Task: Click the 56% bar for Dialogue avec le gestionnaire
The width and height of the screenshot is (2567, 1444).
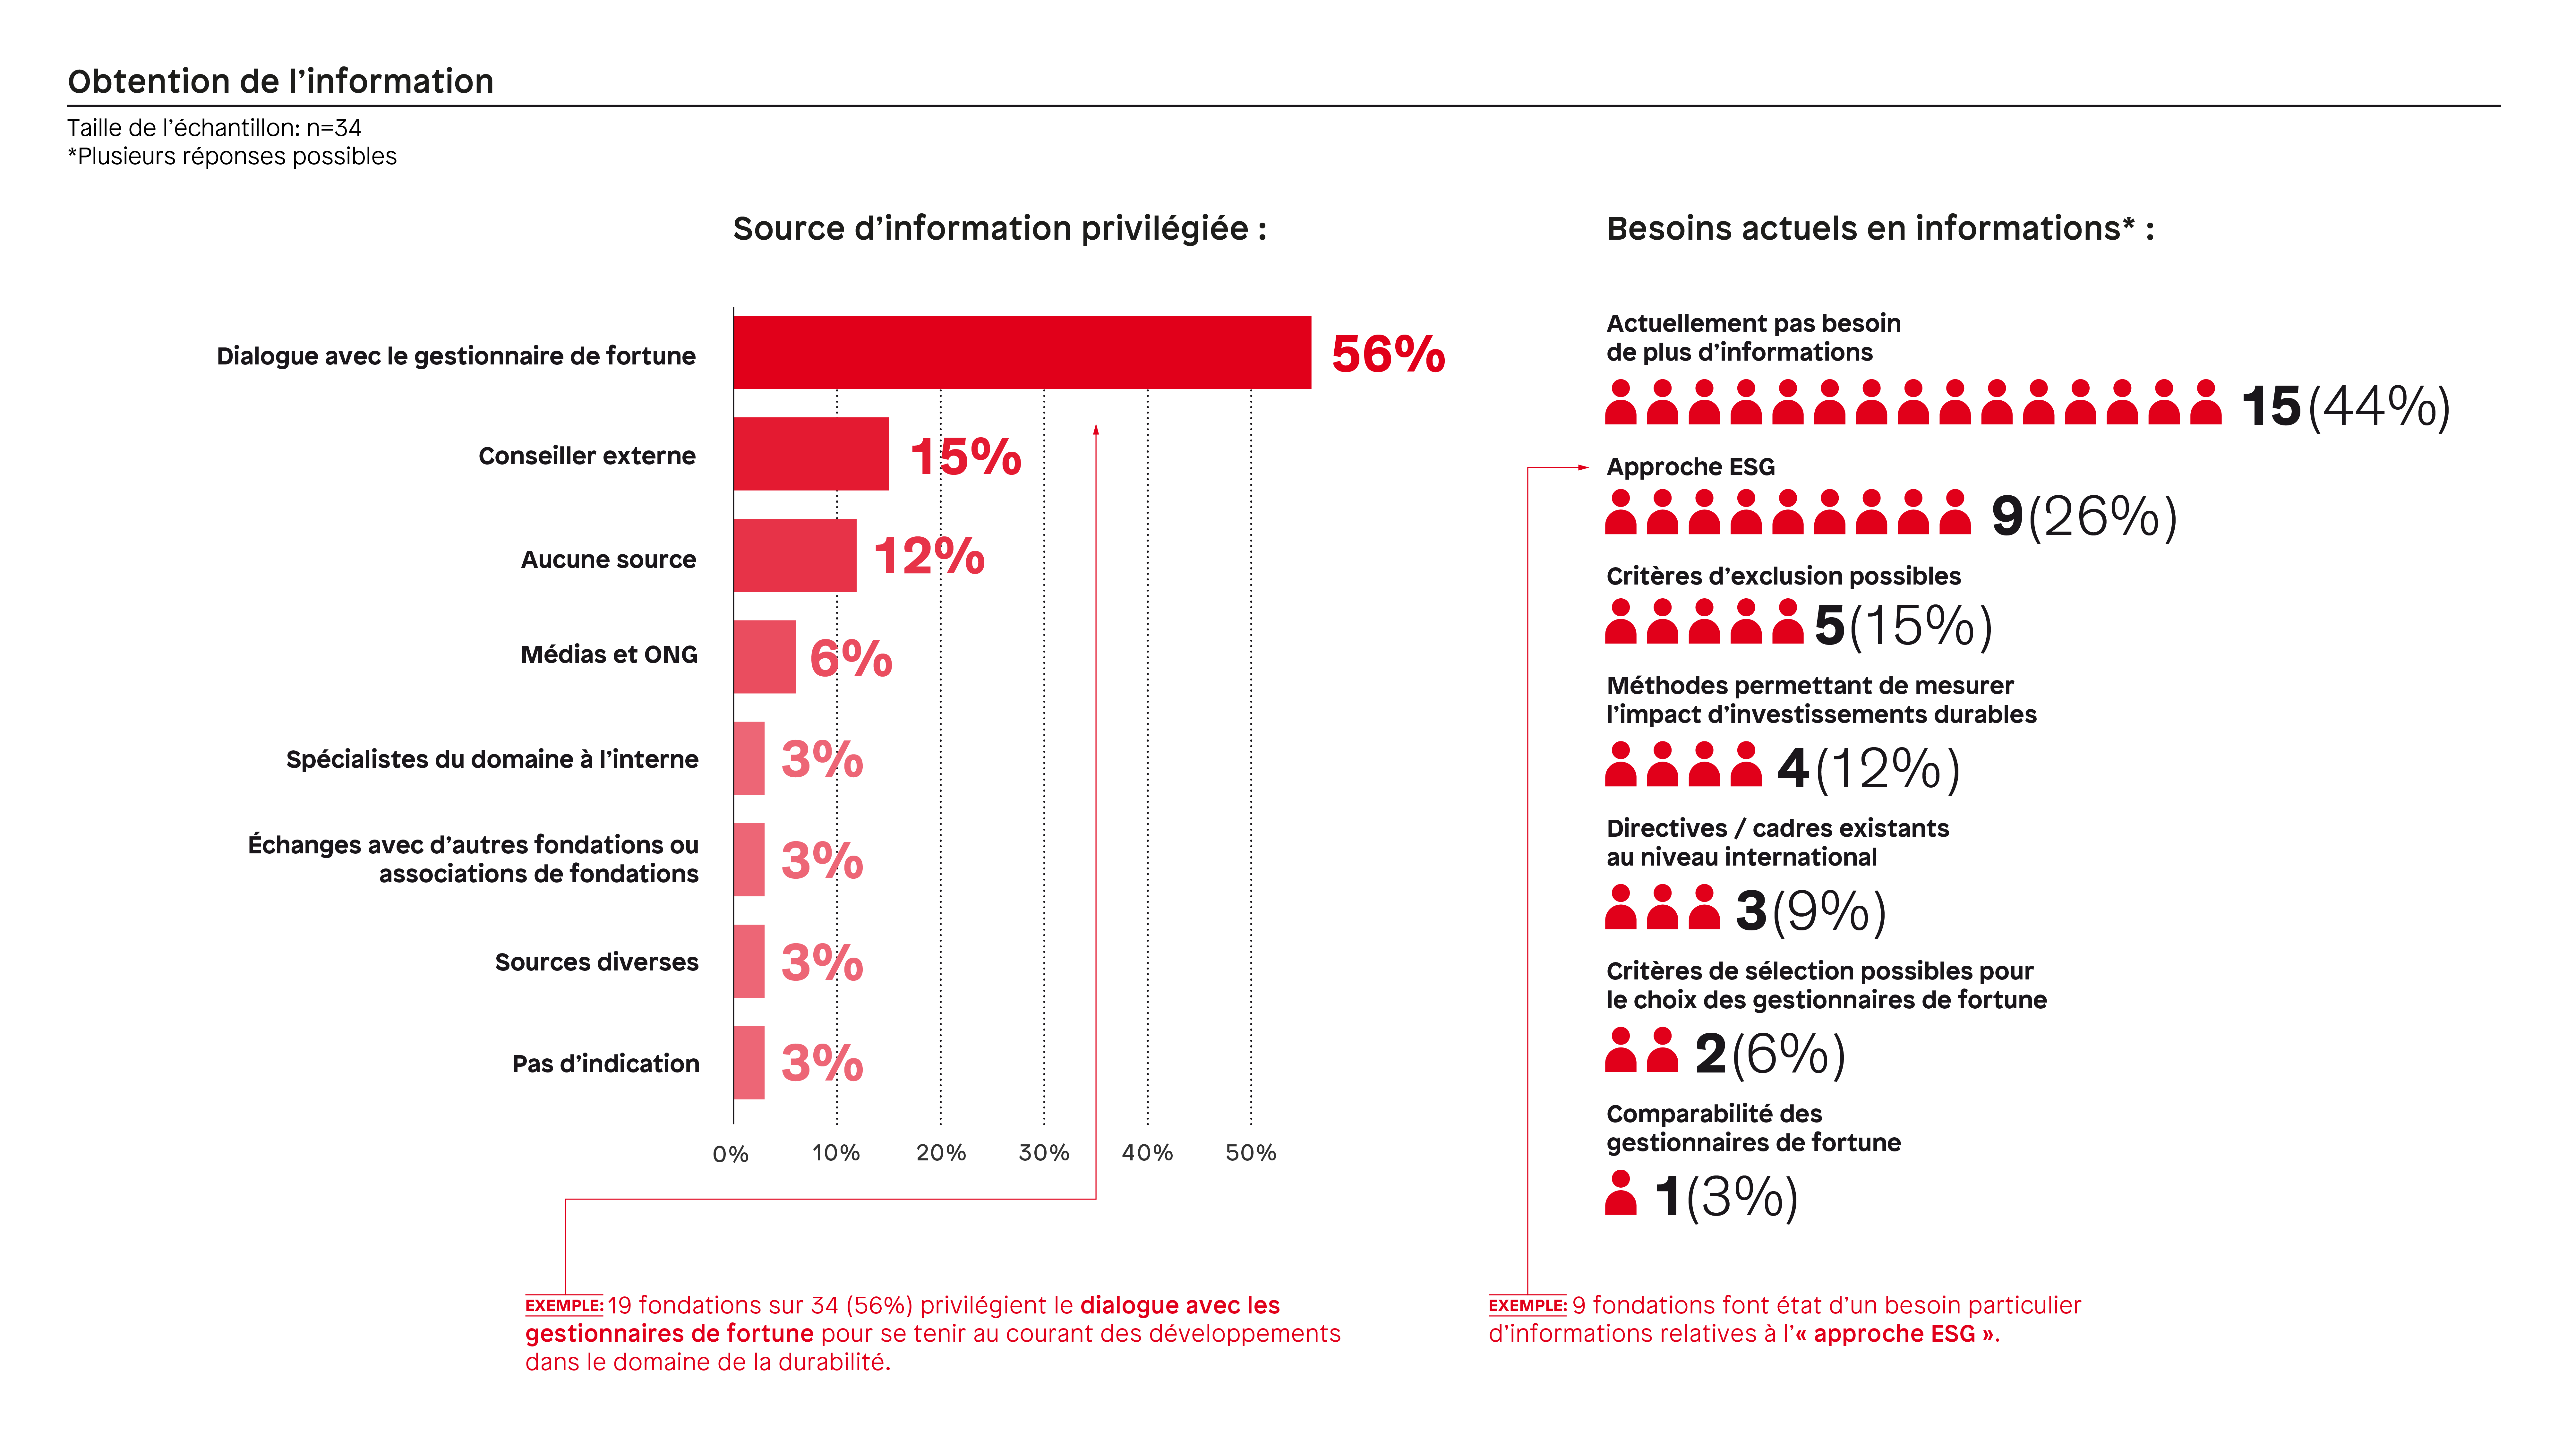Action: (1023, 353)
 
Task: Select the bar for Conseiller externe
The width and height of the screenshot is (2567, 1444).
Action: (811, 454)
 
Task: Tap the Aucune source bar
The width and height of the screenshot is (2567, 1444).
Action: (795, 555)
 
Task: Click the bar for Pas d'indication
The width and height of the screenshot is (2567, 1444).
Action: (749, 1062)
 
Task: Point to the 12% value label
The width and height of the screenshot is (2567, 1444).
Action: (929, 556)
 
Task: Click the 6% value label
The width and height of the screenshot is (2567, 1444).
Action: (850, 658)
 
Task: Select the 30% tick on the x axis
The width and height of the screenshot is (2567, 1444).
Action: (1043, 1153)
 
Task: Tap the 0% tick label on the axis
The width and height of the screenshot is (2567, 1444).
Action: (731, 1154)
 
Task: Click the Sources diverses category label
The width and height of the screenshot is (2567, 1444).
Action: (597, 962)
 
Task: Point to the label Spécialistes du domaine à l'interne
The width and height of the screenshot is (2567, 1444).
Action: (492, 759)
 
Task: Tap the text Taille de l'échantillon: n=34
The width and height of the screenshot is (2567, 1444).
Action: (214, 128)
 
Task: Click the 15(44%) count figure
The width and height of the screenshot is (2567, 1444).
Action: (2346, 406)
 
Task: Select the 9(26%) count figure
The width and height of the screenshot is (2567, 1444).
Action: (2085, 516)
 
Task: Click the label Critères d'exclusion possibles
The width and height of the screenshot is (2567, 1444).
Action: (1783, 576)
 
